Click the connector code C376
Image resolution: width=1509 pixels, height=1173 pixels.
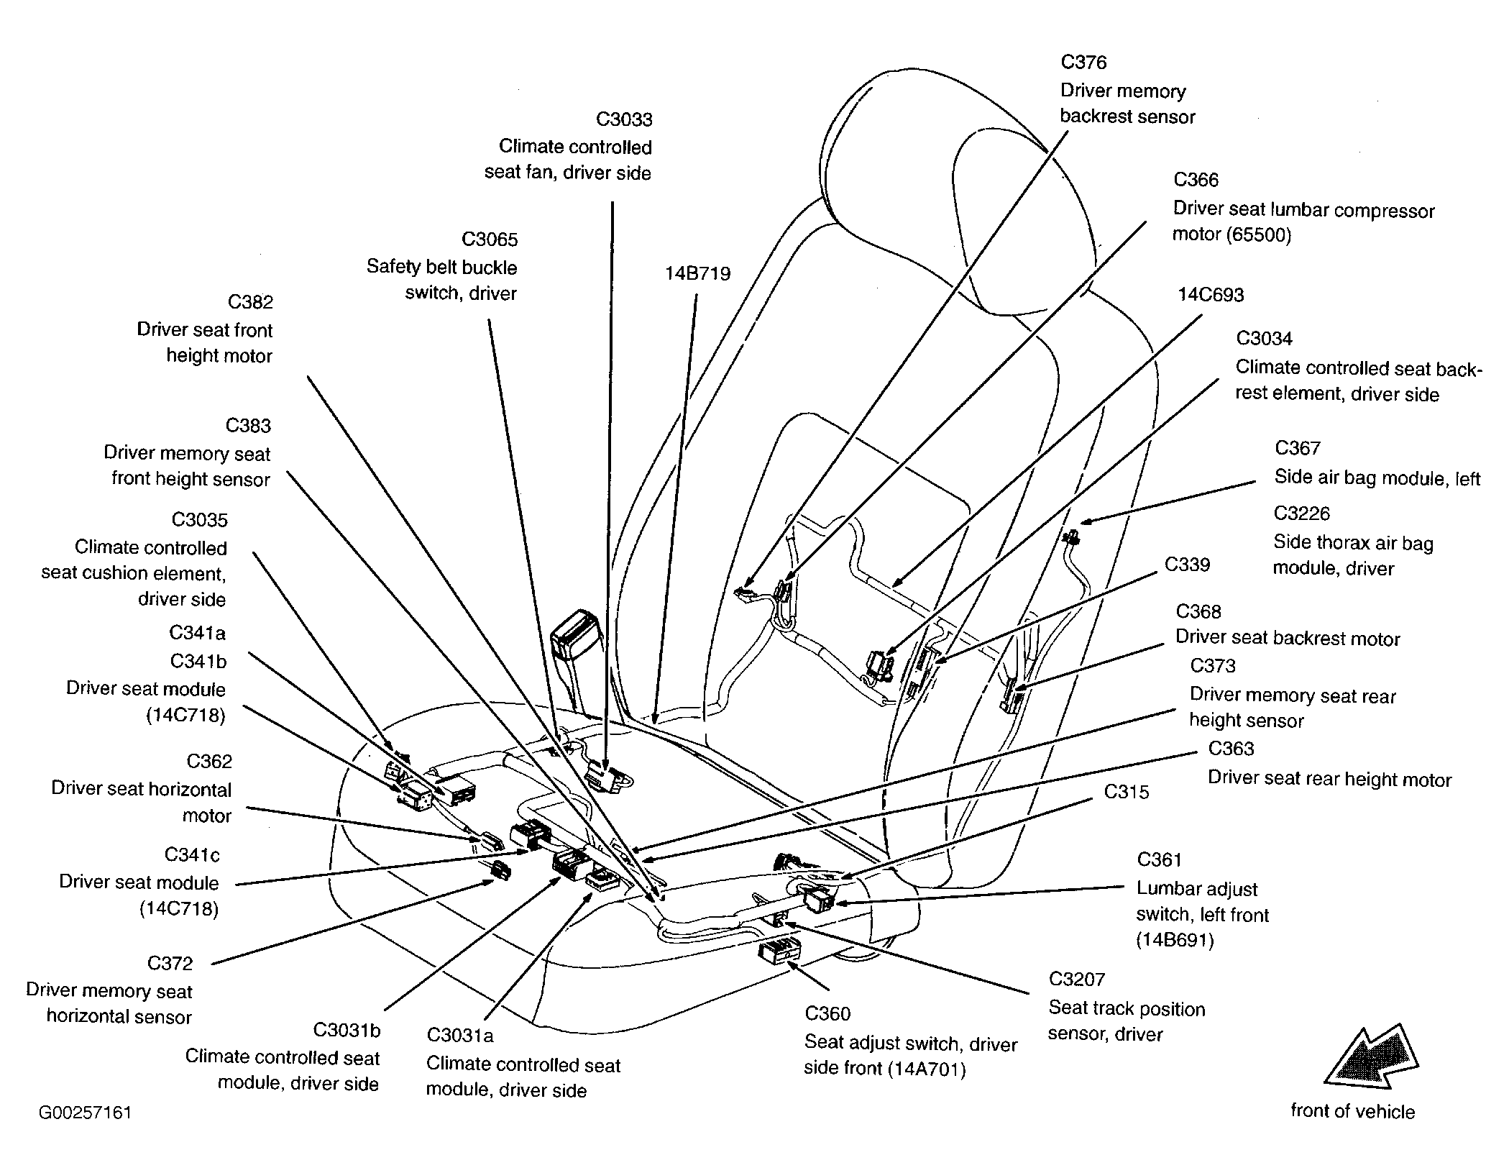(x=1083, y=63)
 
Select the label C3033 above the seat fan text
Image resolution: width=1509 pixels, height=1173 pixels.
(x=624, y=119)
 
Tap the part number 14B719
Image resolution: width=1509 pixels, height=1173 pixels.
(x=697, y=274)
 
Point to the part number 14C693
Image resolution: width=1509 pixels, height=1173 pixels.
(x=1211, y=295)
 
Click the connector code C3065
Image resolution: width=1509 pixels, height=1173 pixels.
(x=490, y=239)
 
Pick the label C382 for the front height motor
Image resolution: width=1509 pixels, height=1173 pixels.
(x=250, y=302)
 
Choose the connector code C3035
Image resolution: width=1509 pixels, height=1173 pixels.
(x=199, y=520)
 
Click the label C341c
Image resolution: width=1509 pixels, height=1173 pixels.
(x=192, y=855)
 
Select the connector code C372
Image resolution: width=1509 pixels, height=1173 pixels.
(x=170, y=964)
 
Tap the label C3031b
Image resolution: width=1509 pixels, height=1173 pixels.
(x=347, y=1031)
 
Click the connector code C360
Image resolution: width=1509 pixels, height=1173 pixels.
(x=827, y=1014)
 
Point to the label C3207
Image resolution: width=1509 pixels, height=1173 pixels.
(x=1076, y=980)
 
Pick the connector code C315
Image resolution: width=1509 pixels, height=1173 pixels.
(x=1127, y=793)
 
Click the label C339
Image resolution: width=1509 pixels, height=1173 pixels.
(x=1187, y=565)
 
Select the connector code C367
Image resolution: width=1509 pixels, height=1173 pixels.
(x=1298, y=449)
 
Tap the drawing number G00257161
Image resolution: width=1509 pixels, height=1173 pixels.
(x=85, y=1113)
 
